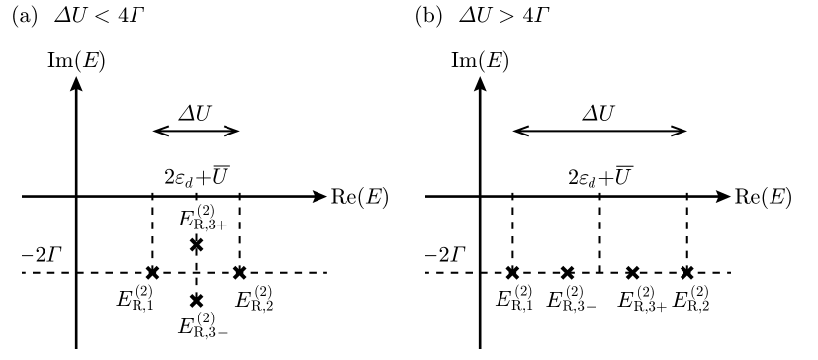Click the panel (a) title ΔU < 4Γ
click(x=83, y=17)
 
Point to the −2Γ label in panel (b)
click(x=445, y=253)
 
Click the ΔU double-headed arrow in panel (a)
click(x=196, y=131)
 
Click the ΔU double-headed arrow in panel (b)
click(x=599, y=131)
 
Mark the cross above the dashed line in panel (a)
click(x=196, y=244)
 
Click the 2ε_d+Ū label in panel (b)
click(x=599, y=179)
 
